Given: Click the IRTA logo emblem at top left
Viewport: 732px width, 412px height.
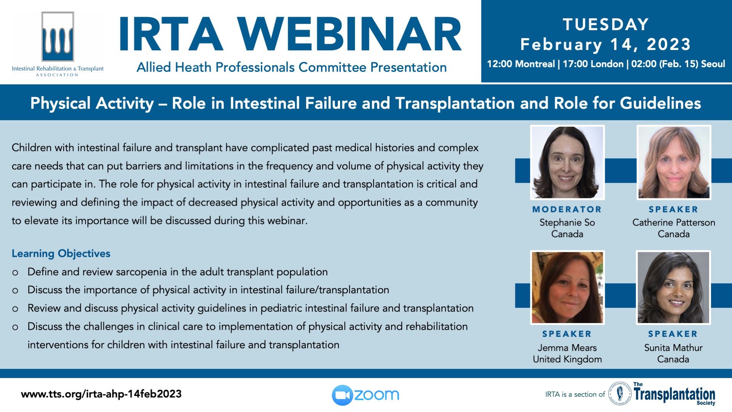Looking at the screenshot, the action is click(x=58, y=37).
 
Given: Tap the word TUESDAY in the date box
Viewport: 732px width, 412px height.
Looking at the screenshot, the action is click(x=606, y=24).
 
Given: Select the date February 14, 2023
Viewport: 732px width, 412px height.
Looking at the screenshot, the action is click(x=606, y=44).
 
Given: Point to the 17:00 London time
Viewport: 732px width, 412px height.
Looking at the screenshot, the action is click(x=593, y=64).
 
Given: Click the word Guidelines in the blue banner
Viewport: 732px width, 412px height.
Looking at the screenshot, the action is click(x=660, y=103).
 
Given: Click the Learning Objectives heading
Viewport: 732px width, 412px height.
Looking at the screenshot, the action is click(x=61, y=253).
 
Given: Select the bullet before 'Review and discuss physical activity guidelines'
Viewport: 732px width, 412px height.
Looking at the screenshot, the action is click(x=15, y=309).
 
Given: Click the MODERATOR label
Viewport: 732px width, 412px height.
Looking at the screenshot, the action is click(x=567, y=209).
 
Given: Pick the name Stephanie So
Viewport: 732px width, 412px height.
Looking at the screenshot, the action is click(x=567, y=222).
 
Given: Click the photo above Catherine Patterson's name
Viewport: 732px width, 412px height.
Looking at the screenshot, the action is click(x=674, y=163).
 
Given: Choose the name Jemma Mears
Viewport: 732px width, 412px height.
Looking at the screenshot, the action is click(x=567, y=348).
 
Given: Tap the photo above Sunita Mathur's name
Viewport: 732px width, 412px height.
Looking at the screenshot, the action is click(x=673, y=288).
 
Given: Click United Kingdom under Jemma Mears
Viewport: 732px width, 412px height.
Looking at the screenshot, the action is click(x=567, y=359).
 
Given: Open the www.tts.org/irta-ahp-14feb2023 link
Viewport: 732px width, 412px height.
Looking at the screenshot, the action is click(x=101, y=394).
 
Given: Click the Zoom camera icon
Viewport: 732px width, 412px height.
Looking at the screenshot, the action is click(x=342, y=395).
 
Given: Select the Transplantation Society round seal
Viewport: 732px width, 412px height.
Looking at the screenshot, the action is click(x=620, y=394).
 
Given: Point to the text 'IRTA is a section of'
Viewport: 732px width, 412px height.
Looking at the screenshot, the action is click(x=575, y=394).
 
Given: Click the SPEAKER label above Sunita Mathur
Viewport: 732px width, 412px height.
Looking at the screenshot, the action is click(x=673, y=334).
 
